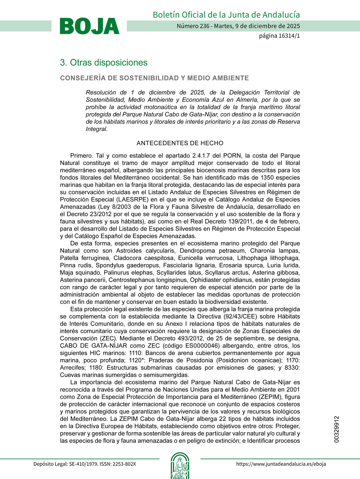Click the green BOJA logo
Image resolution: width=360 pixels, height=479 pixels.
[89, 26]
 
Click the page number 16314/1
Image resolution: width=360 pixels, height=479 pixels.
[289, 36]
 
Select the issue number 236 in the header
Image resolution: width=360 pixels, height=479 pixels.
[204, 26]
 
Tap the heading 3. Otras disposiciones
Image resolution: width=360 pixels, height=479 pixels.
[104, 63]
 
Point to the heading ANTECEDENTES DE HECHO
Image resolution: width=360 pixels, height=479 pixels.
[180, 143]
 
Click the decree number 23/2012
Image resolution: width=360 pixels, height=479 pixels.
[101, 214]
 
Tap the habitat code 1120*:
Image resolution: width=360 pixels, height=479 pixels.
[137, 360]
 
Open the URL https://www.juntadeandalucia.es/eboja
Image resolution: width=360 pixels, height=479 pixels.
[281, 464]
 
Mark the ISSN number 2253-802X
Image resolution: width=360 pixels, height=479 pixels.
[124, 464]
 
